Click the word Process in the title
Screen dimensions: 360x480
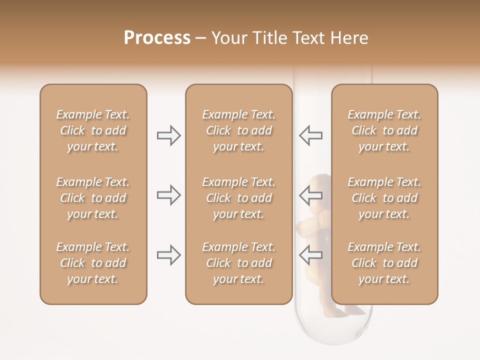point(157,38)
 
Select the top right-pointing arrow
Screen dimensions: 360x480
point(168,135)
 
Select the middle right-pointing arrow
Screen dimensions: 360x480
point(168,195)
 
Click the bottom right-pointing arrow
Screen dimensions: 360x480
point(168,255)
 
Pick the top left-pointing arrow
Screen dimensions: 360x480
point(311,135)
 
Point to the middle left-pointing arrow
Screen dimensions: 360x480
point(311,195)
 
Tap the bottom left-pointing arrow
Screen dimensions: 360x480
point(311,255)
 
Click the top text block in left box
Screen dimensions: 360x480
point(93,130)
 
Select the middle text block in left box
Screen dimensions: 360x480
point(93,198)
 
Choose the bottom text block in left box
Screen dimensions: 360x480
point(93,263)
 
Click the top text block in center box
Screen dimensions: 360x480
point(238,130)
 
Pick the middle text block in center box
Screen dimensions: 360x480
point(238,198)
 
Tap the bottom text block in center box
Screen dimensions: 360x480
point(238,263)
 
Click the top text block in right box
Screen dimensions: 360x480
point(384,130)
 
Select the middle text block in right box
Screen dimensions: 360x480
point(384,198)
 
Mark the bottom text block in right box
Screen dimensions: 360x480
point(384,263)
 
